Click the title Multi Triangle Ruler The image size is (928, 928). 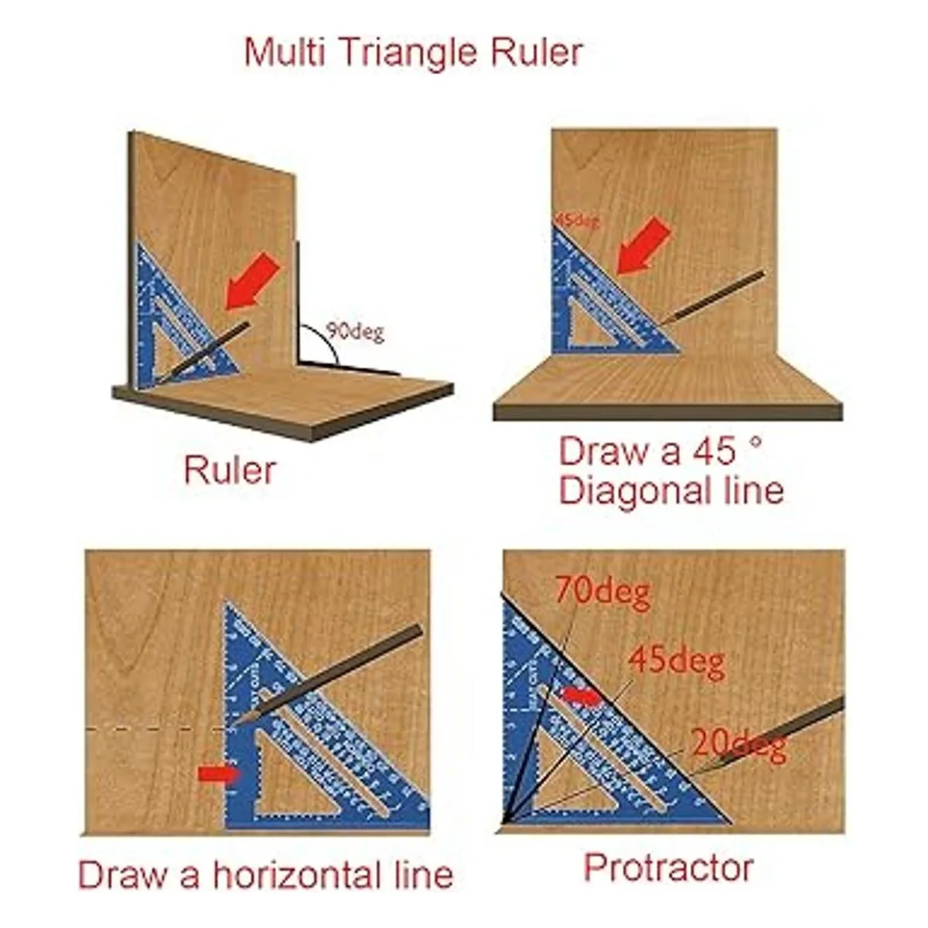413,53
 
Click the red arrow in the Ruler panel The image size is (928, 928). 252,282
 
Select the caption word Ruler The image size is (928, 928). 229,470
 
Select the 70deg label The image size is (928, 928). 602,593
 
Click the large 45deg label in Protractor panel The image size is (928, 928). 676,662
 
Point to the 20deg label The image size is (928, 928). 739,744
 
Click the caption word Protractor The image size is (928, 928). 668,868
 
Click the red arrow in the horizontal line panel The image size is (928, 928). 220,773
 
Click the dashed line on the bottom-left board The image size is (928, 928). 155,728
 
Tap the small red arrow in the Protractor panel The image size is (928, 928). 581,697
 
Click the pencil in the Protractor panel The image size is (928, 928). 773,735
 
